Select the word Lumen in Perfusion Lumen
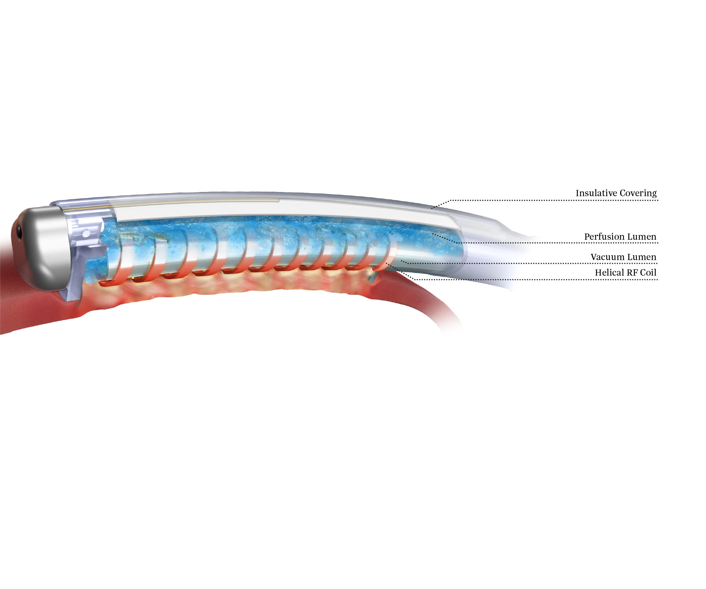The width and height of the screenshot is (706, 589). coord(642,236)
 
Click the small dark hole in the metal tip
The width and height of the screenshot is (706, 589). coord(19,233)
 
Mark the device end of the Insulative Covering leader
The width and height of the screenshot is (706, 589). coord(432,208)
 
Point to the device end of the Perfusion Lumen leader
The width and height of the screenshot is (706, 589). coord(433,234)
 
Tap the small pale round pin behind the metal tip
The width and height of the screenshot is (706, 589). coord(87,233)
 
